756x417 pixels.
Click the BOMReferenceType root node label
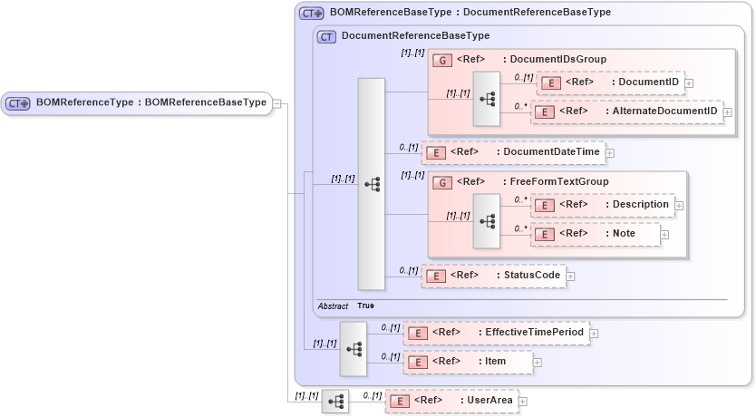(150, 102)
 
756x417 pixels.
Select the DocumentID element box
(610, 82)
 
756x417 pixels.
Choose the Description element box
(603, 205)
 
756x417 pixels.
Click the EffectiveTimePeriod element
(495, 333)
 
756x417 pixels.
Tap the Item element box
(467, 362)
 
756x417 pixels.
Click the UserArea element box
(451, 400)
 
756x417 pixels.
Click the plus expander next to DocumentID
(689, 83)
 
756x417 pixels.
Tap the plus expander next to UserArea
(522, 401)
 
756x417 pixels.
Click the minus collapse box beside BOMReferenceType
(276, 103)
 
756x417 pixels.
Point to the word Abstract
(333, 306)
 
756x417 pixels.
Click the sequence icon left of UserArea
(334, 401)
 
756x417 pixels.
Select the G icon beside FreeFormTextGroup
(442, 181)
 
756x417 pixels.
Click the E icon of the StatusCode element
(435, 276)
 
